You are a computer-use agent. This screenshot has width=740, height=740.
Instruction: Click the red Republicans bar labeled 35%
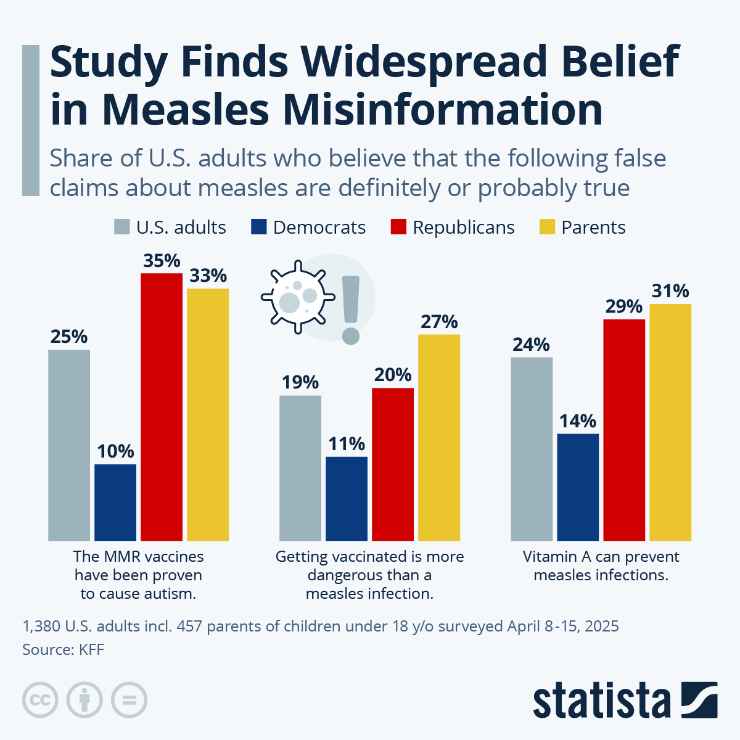pyautogui.click(x=162, y=407)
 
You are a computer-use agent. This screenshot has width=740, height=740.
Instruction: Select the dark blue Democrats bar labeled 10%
pyautogui.click(x=115, y=503)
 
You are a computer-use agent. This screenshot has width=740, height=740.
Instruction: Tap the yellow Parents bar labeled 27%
pyautogui.click(x=439, y=438)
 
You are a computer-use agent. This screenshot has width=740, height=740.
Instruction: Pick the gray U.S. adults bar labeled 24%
pyautogui.click(x=532, y=449)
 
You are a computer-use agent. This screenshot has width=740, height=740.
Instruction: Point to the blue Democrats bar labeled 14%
pyautogui.click(x=578, y=487)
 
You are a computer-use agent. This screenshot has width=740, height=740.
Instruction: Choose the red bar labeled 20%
pyautogui.click(x=393, y=464)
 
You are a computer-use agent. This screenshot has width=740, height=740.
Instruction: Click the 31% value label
pyautogui.click(x=670, y=291)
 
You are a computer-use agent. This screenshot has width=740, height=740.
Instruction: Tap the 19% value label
pyautogui.click(x=300, y=383)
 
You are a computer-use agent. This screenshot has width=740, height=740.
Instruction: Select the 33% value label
pyautogui.click(x=208, y=276)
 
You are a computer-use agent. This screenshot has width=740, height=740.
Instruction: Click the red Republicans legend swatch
pyautogui.click(x=398, y=227)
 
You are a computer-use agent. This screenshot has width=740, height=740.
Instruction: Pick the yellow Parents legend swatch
pyautogui.click(x=547, y=227)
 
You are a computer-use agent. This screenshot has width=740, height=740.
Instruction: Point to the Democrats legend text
pyautogui.click(x=319, y=228)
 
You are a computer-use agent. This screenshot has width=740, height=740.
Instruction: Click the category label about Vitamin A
pyautogui.click(x=601, y=565)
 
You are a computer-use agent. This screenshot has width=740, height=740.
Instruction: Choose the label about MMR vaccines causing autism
pyautogui.click(x=138, y=575)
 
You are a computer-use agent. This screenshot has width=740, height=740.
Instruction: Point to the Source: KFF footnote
pyautogui.click(x=63, y=649)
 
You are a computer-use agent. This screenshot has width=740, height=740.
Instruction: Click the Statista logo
pyautogui.click(x=625, y=700)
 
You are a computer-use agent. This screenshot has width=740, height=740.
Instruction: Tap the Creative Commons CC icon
pyautogui.click(x=40, y=700)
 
